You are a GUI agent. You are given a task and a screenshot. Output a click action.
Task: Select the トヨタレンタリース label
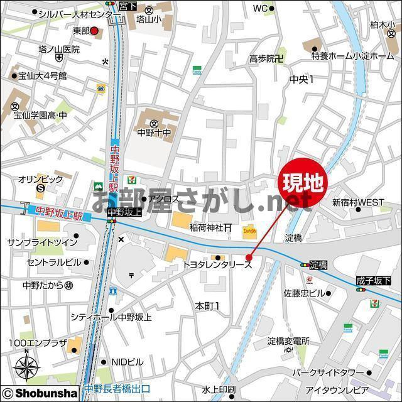point(217,266)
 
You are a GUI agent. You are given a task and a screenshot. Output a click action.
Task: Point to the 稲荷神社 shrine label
point(207,228)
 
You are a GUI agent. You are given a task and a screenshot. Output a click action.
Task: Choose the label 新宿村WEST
point(358,202)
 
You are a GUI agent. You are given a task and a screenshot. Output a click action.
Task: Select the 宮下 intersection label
point(128,4)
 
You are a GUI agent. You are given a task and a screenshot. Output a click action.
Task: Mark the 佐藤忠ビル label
point(304,293)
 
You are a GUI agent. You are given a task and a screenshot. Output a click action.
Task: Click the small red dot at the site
point(249,257)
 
